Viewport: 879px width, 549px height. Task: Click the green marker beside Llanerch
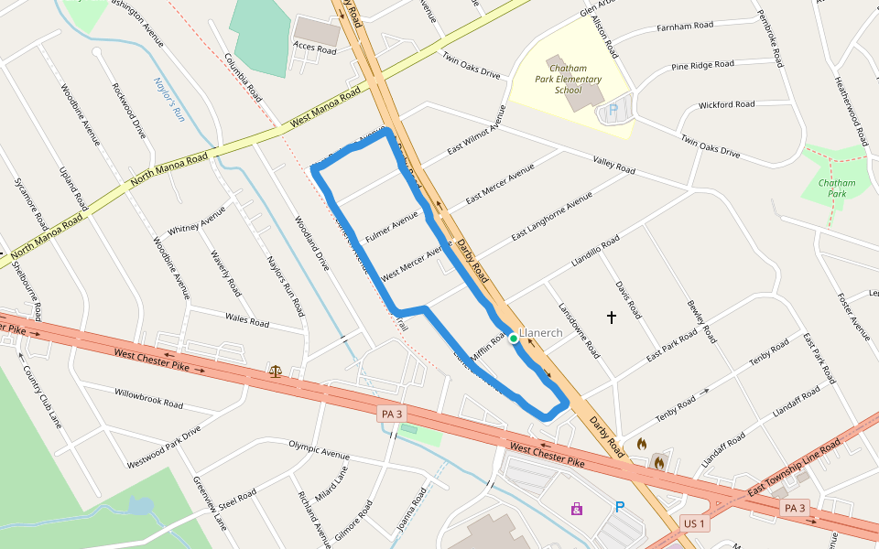pyautogui.click(x=514, y=339)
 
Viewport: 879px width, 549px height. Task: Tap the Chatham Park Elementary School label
pyautogui.click(x=568, y=80)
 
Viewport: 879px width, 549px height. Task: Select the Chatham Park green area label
pyautogui.click(x=835, y=188)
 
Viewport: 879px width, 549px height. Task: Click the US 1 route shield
pyautogui.click(x=694, y=523)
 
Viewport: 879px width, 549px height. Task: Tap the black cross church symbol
pyautogui.click(x=612, y=317)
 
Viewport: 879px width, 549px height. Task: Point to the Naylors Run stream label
pyautogui.click(x=169, y=100)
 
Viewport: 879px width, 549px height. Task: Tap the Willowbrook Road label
pyautogui.click(x=148, y=398)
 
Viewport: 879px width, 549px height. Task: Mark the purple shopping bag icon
pyautogui.click(x=577, y=508)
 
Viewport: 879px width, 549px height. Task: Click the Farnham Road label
pyautogui.click(x=686, y=27)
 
